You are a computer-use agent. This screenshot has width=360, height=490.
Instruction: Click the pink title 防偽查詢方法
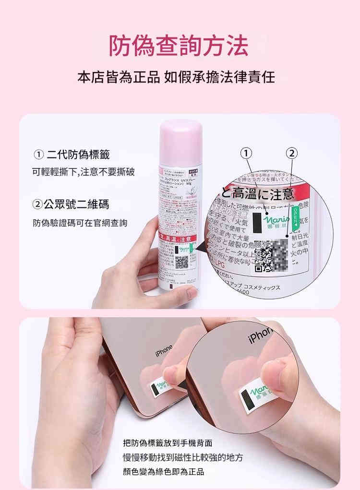point(179,46)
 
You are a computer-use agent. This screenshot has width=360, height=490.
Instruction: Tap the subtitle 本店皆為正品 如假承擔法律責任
point(176,77)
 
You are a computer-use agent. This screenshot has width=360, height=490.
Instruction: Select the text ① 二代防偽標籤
point(72,155)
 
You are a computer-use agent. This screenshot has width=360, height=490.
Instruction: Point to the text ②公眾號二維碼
point(71,205)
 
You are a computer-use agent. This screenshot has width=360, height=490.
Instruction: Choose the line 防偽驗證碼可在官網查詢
point(80,223)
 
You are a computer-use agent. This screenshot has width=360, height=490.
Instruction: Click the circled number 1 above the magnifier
point(246,153)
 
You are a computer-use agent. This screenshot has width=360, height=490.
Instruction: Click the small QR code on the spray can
point(181,262)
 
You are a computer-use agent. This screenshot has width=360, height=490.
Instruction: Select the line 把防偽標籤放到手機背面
point(167,442)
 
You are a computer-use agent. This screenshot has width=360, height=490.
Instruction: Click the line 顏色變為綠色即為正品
point(163,471)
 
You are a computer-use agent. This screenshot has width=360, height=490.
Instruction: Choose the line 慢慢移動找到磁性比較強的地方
point(182,457)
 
